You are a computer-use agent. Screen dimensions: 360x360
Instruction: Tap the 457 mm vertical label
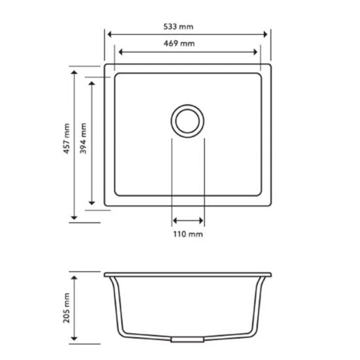pos(65,141)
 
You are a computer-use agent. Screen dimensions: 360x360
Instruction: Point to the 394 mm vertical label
pos(82,141)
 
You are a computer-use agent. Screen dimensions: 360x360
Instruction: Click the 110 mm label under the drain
pos(189,234)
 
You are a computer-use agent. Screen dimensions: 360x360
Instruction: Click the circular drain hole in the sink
pos(189,120)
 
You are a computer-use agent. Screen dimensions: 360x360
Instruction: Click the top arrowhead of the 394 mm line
pos(92,84)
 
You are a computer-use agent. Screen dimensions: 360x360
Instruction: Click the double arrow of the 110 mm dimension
pos(189,221)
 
